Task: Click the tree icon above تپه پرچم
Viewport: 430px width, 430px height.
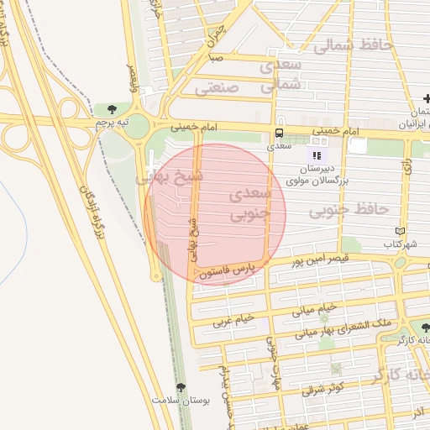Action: pyautogui.click(x=112, y=109)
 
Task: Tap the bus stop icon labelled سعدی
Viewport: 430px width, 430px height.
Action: pyautogui.click(x=279, y=133)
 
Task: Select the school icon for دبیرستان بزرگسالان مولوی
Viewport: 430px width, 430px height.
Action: pyautogui.click(x=317, y=155)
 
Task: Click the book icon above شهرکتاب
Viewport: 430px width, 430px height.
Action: pyautogui.click(x=400, y=231)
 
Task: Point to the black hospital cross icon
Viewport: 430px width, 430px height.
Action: pyautogui.click(x=427, y=101)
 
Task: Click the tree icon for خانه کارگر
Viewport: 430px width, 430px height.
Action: pyautogui.click(x=425, y=328)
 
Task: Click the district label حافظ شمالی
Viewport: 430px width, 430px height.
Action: pyautogui.click(x=353, y=46)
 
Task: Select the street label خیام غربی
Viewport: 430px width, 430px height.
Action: pyautogui.click(x=233, y=321)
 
